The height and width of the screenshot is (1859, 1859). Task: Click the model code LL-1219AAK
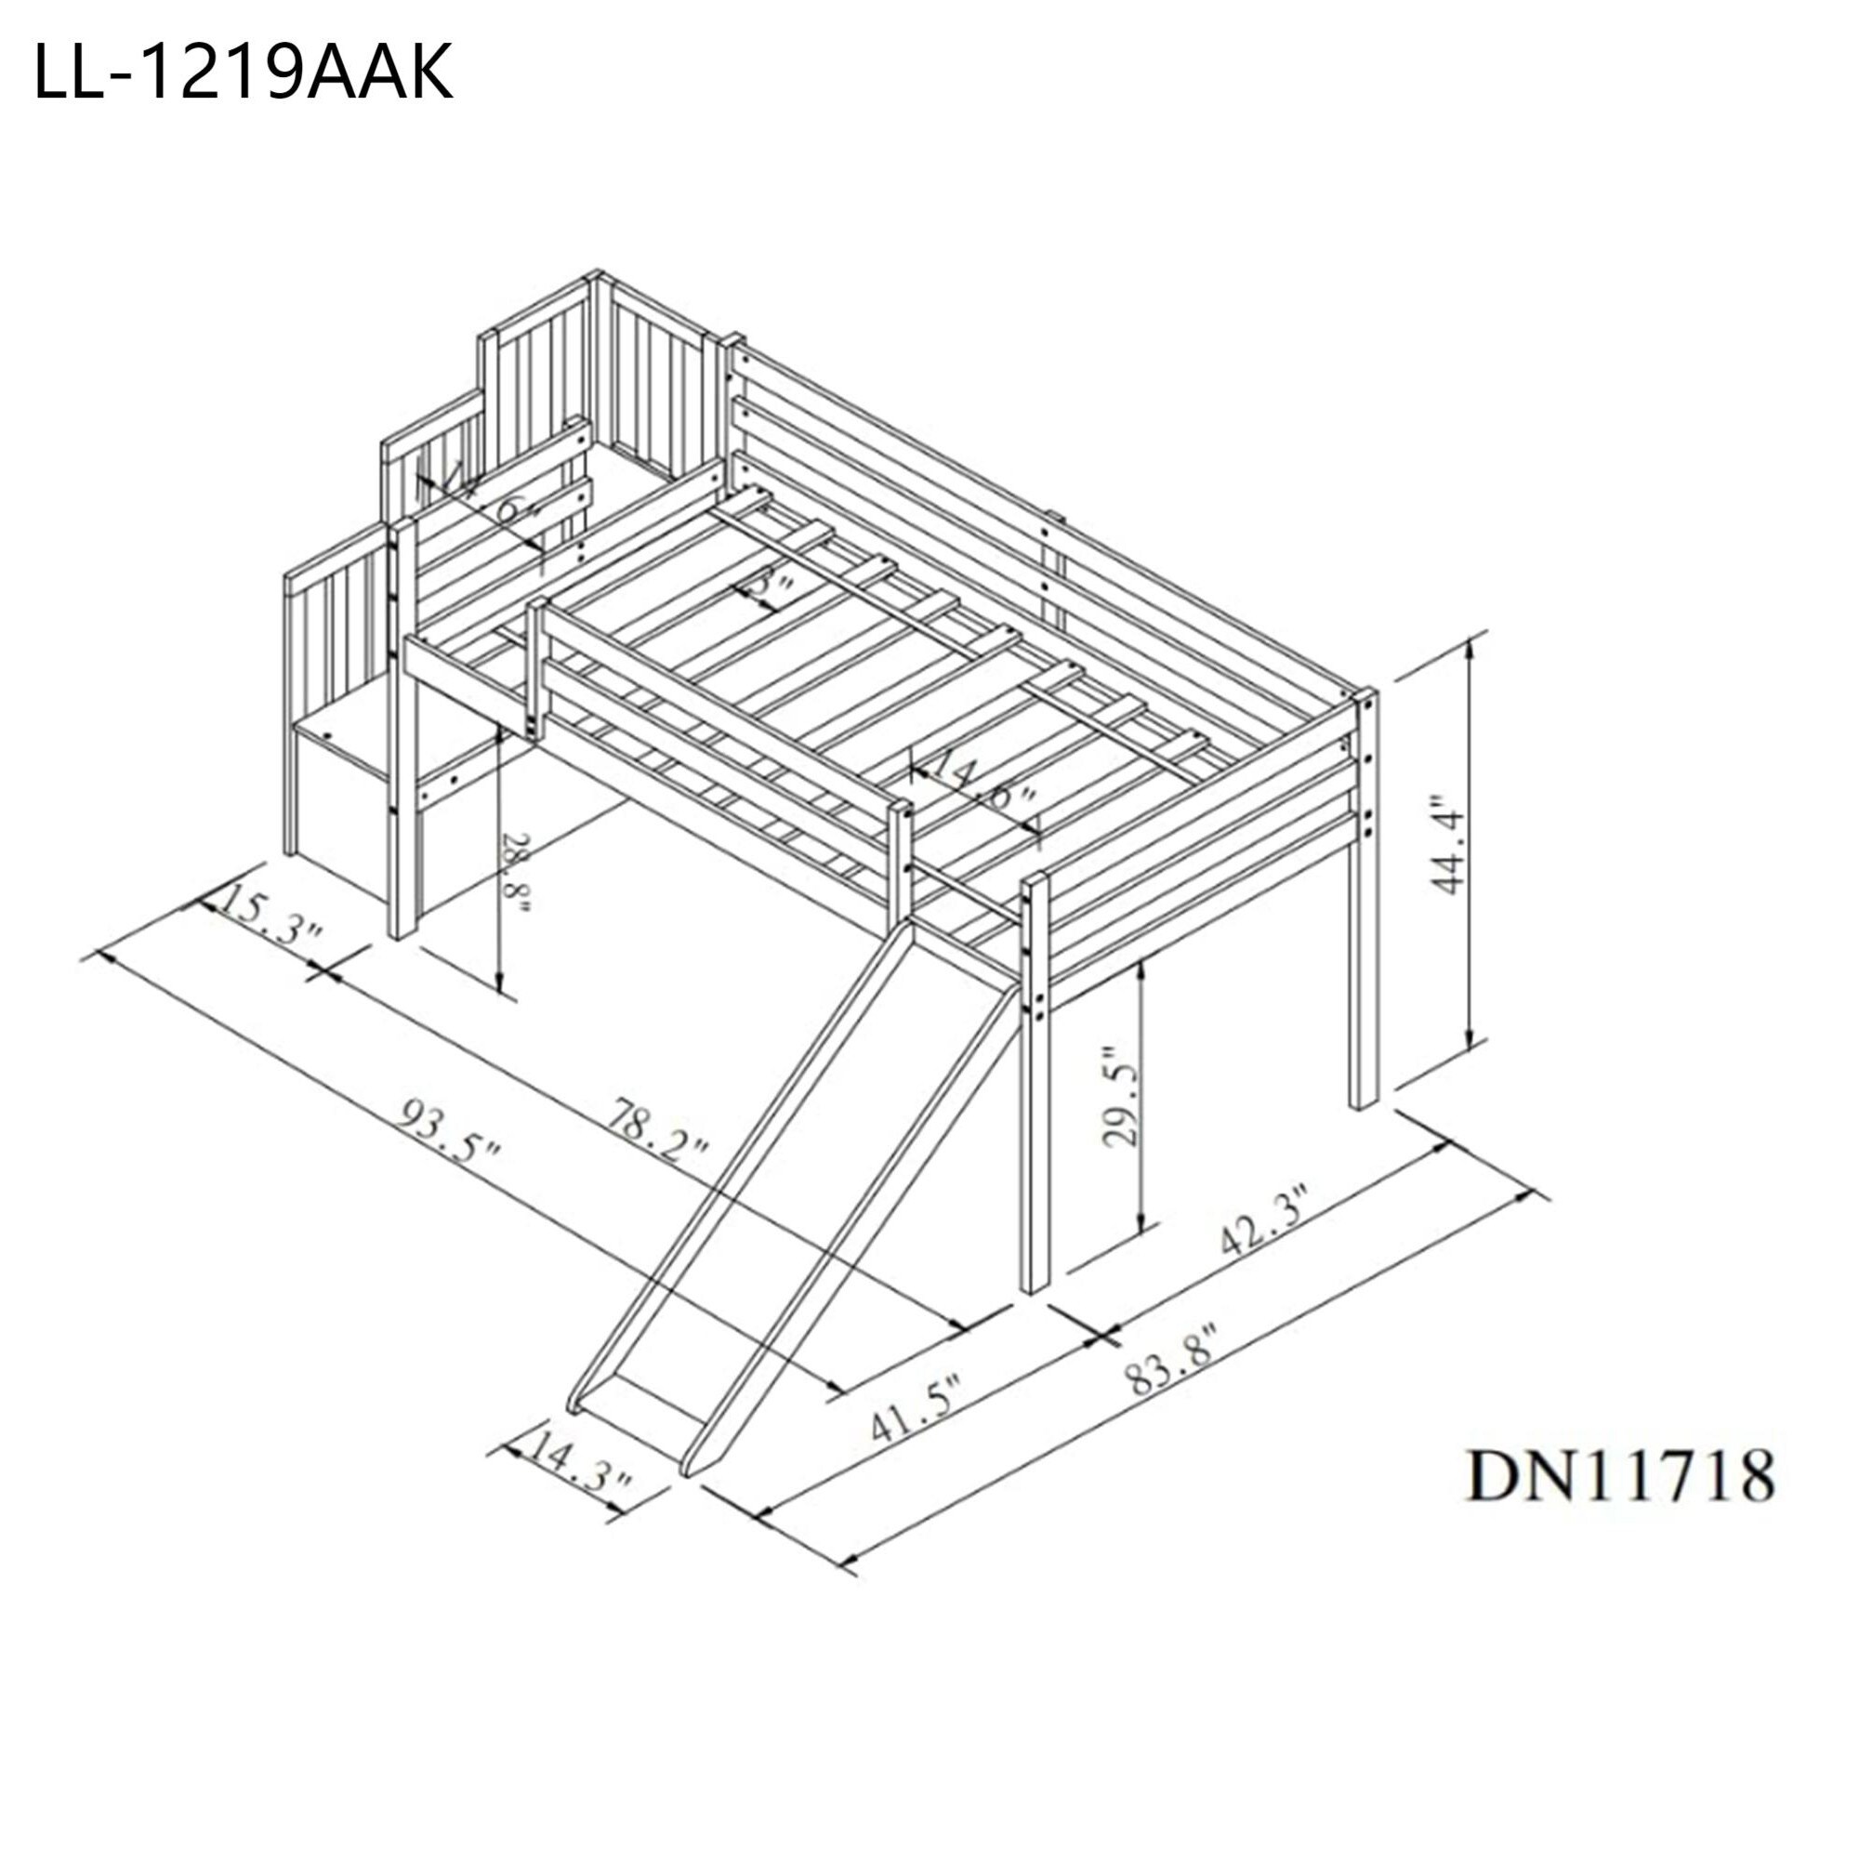243,74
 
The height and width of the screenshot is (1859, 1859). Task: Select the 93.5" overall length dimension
452,1132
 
